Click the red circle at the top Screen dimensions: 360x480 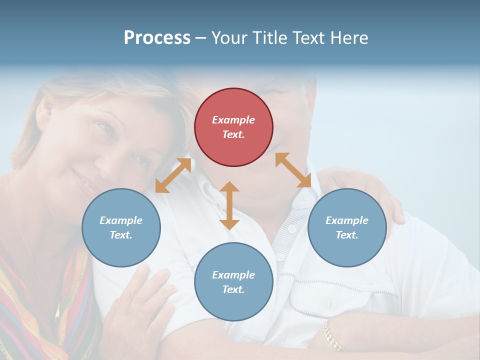click(233, 127)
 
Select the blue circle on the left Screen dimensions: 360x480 click(121, 227)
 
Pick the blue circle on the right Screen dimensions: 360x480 click(347, 227)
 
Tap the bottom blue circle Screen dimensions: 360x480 click(233, 282)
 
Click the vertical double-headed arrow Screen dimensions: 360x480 click(229, 205)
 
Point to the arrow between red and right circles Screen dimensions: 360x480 click(293, 170)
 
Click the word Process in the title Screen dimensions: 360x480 click(157, 37)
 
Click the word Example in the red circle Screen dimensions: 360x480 click(233, 120)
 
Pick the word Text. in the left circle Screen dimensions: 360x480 click(121, 235)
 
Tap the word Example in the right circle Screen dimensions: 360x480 click(347, 220)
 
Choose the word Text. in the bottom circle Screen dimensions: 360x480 click(233, 289)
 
